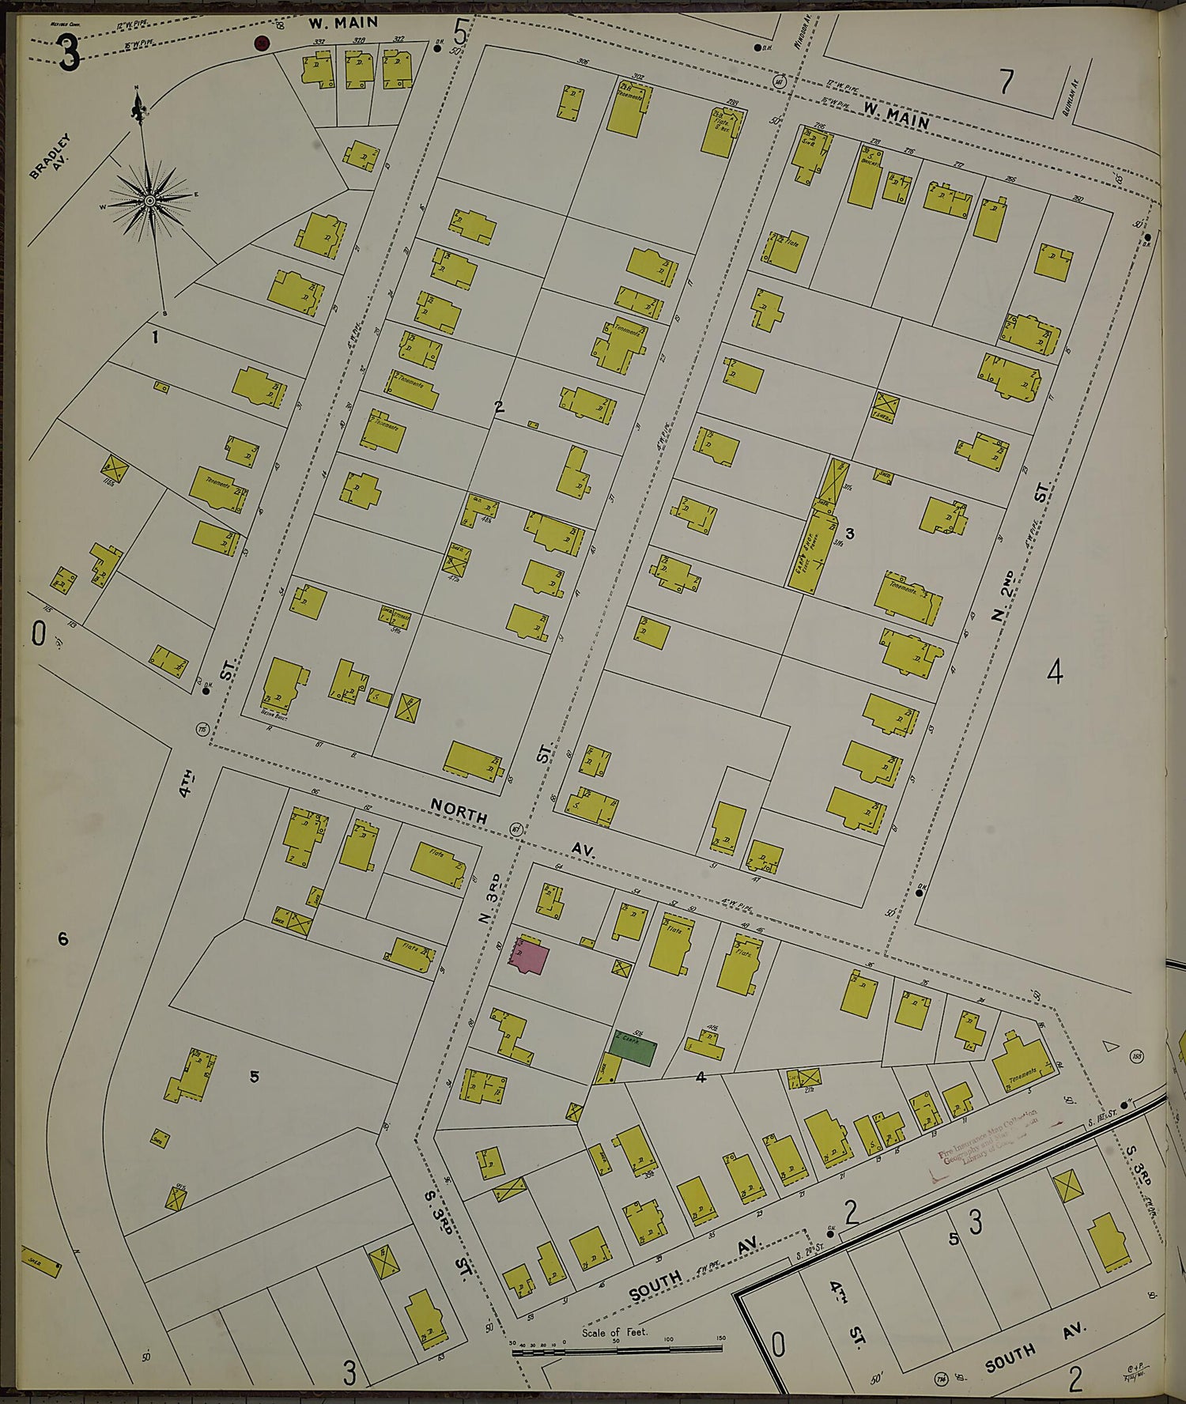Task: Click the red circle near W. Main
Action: (x=263, y=43)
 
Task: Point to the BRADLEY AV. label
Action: (x=51, y=156)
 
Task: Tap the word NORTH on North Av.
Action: (x=459, y=809)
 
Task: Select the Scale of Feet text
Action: (x=614, y=1331)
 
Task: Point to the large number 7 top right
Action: (x=1006, y=81)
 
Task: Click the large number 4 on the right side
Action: (x=1054, y=673)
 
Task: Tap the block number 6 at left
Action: (x=63, y=938)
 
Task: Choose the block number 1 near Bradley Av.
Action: (x=156, y=338)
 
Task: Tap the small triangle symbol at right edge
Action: (x=1111, y=1046)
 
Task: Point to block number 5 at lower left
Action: (x=254, y=1076)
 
